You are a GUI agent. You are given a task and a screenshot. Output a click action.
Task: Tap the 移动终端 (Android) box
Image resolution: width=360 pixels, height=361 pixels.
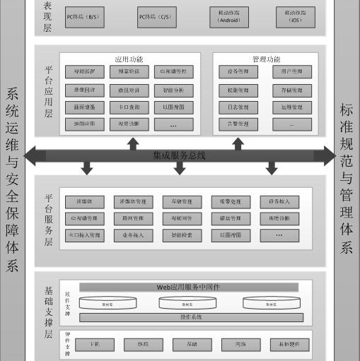coord(229,17)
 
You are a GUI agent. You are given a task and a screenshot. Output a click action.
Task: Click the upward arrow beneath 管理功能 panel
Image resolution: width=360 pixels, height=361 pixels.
coord(238,143)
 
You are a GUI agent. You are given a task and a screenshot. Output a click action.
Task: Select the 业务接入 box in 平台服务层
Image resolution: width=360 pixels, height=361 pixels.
coord(134,235)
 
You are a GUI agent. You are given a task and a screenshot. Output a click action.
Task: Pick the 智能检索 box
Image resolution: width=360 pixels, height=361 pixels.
coord(182,235)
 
